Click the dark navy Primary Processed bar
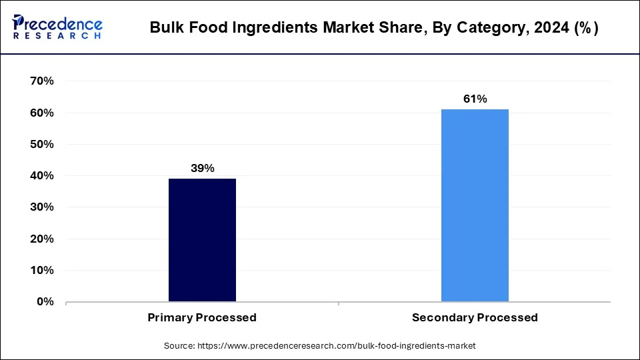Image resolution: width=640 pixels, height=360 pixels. point(202,240)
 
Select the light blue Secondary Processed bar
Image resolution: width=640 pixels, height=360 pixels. point(475,205)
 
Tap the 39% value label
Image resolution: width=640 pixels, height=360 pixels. point(202,168)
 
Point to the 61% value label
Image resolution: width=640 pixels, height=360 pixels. point(475,99)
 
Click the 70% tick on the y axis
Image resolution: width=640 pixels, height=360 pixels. point(41,81)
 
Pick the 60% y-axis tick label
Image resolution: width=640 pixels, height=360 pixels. point(41,113)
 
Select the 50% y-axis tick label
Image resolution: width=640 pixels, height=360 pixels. point(41,144)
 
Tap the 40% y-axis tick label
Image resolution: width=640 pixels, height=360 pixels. point(41,176)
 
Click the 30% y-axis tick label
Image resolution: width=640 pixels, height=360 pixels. point(41,207)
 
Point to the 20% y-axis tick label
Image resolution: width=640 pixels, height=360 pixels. point(41,239)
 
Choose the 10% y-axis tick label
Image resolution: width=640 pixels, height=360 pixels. point(41,271)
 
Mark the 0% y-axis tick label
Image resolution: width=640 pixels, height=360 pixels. point(45,302)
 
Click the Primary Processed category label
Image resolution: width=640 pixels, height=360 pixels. point(202,318)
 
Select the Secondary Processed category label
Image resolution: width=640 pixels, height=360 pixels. point(475,318)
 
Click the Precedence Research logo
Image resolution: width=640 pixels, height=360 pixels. point(57,27)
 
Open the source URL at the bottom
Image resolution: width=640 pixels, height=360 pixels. point(336,346)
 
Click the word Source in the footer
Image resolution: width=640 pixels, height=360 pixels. point(178,346)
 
